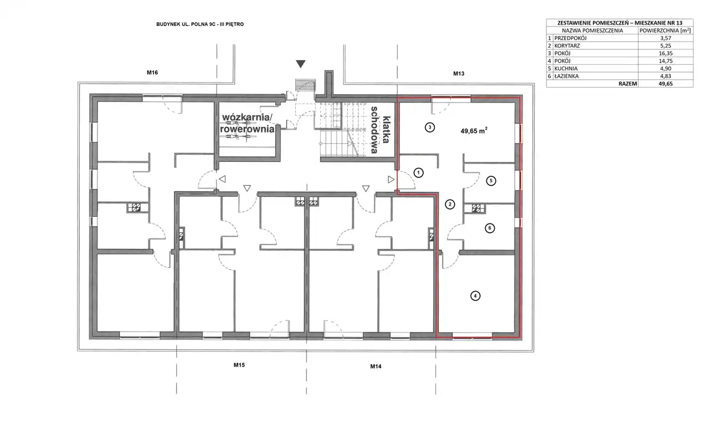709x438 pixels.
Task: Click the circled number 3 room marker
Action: coord(429,128)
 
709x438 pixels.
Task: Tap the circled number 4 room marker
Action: coord(475,296)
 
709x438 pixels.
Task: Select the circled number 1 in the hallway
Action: coord(418,173)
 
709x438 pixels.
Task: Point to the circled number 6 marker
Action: coord(490,228)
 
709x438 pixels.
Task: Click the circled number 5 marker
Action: coord(491,181)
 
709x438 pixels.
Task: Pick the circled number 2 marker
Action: coord(450,205)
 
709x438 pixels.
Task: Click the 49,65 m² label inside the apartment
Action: coord(474,131)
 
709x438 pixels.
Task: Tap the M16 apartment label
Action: coord(152,73)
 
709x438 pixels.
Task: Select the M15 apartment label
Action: coord(239,365)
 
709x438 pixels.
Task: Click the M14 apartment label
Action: coord(376,366)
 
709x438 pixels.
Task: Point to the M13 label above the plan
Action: coord(459,74)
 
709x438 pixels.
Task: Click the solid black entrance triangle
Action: coord(301,64)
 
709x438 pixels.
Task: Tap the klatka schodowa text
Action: coord(380,130)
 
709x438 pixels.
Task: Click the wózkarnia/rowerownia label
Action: coord(247,123)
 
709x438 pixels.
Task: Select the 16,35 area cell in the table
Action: coord(666,53)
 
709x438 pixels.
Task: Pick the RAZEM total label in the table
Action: coord(628,84)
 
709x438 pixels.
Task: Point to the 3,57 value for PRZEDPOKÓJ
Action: coord(666,38)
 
